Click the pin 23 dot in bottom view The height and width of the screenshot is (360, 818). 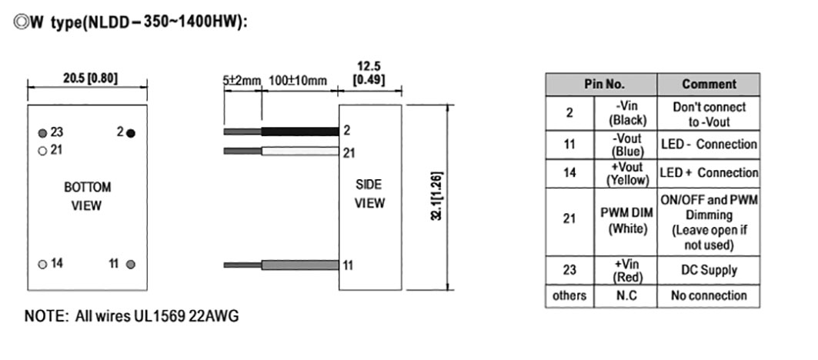tap(42, 132)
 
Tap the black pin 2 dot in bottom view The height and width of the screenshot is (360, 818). tap(131, 132)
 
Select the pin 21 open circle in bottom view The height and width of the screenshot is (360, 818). tap(42, 150)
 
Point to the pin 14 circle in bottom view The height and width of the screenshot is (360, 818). tap(42, 264)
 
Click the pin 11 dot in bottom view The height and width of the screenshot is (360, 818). tap(131, 264)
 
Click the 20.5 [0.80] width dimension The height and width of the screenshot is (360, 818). tap(89, 78)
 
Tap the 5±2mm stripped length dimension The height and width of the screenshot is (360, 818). tap(242, 81)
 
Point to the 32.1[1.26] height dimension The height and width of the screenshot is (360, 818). tap(437, 198)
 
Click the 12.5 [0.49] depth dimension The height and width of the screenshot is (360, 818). tap(369, 74)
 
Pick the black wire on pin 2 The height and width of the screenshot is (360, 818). tap(300, 132)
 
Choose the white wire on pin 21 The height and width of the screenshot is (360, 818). tap(300, 152)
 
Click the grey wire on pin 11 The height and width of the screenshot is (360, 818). tap(300, 265)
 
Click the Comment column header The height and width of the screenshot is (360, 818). tap(708, 85)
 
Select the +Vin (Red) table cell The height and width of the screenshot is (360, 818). tap(625, 270)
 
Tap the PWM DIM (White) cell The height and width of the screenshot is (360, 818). tap(625, 221)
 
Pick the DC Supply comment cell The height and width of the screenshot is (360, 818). tap(708, 270)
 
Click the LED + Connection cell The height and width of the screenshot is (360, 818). tap(708, 173)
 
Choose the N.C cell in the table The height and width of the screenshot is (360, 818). tap(625, 295)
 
